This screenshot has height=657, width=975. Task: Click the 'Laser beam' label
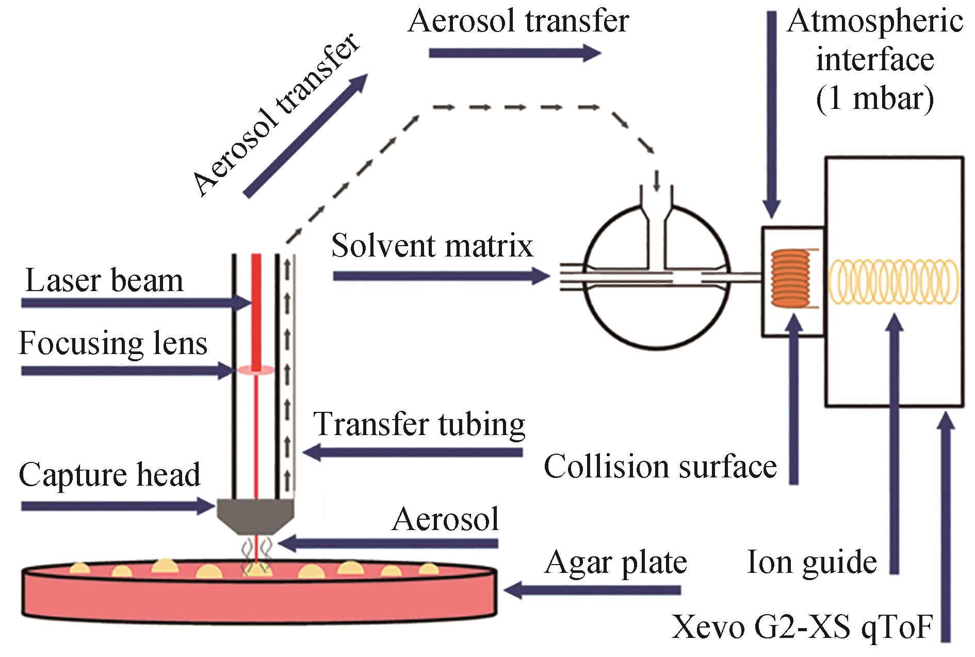coord(104,281)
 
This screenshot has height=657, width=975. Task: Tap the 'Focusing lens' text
coord(113,343)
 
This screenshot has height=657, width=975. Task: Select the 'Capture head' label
coord(109,475)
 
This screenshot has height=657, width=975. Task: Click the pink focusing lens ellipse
coord(255,370)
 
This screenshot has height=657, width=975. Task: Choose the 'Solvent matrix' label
coord(432,245)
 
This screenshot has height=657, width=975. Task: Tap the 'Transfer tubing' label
coord(419,424)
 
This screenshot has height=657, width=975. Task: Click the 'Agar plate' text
coord(615,563)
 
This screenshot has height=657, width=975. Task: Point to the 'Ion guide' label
coord(812,562)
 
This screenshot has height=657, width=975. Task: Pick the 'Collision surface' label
coord(660,467)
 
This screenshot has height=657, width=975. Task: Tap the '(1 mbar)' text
coord(875,97)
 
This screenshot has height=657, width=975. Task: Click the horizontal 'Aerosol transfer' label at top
coord(518,22)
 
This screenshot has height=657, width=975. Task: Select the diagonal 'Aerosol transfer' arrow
coord(305,135)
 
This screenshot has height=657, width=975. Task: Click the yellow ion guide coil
coord(893,281)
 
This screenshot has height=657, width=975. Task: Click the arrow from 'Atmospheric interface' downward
coord(772,114)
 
